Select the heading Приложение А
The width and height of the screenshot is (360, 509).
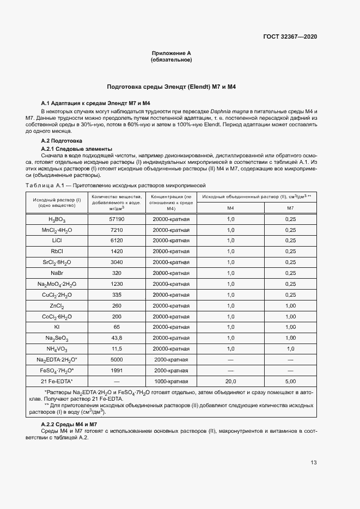171,53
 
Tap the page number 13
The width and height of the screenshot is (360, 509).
314,463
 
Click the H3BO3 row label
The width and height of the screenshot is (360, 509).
57,219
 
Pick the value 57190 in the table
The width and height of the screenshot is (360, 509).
117,219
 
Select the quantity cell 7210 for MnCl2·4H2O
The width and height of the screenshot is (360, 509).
117,230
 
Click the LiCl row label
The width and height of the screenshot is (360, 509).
57,241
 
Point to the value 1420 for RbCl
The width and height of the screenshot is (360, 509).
117,251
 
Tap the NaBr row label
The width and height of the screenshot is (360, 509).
57,272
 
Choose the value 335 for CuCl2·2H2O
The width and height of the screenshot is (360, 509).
117,294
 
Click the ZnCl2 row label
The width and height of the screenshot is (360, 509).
57,305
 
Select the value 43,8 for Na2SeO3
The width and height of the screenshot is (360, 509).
117,338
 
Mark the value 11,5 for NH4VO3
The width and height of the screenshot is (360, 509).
117,348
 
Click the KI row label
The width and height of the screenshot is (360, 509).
57,327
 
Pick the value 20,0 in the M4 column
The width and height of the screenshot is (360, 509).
230,382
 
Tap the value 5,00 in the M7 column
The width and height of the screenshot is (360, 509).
290,382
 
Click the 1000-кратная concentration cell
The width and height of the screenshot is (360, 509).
171,382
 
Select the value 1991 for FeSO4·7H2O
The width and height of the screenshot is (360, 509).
117,371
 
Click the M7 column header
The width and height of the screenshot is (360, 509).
290,208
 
